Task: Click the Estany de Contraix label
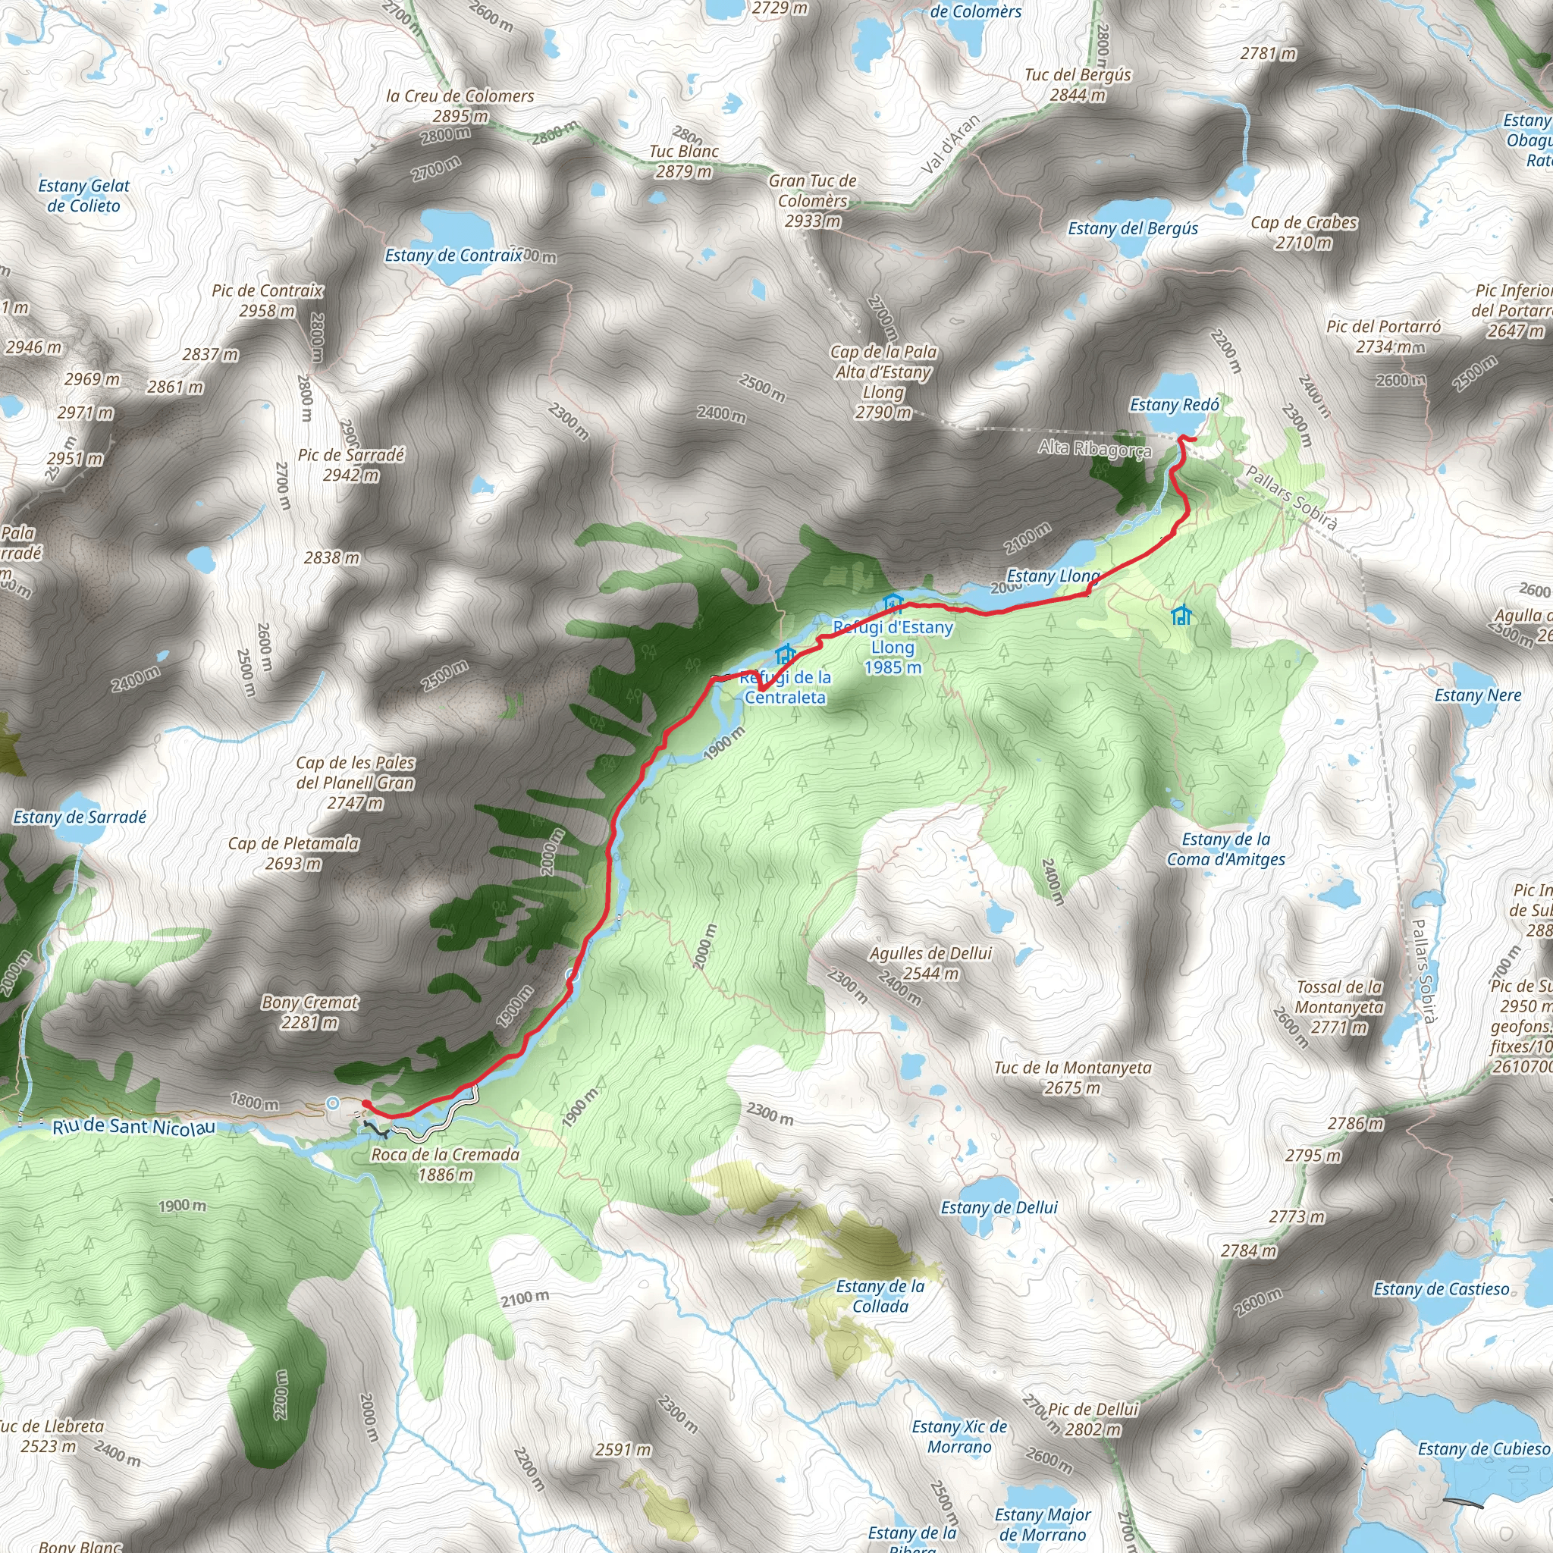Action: [x=453, y=256]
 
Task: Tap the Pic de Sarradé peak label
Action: [x=351, y=465]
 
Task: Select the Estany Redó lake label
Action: [x=1175, y=405]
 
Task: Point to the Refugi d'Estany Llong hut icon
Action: [x=893, y=603]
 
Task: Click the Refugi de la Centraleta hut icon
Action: [x=785, y=654]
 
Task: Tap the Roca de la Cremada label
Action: [x=445, y=1164]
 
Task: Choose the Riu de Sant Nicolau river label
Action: [x=134, y=1127]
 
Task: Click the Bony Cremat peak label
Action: [x=310, y=1012]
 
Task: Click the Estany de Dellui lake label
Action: [x=999, y=1207]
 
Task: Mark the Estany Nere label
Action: [x=1477, y=695]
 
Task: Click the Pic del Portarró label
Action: [x=1383, y=336]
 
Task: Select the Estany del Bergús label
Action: [x=1133, y=228]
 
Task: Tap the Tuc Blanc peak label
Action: [x=684, y=161]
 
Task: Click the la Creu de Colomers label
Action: [x=460, y=105]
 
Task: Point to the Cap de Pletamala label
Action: [x=293, y=853]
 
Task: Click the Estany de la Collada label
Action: [x=880, y=1296]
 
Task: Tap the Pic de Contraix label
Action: [x=268, y=300]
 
